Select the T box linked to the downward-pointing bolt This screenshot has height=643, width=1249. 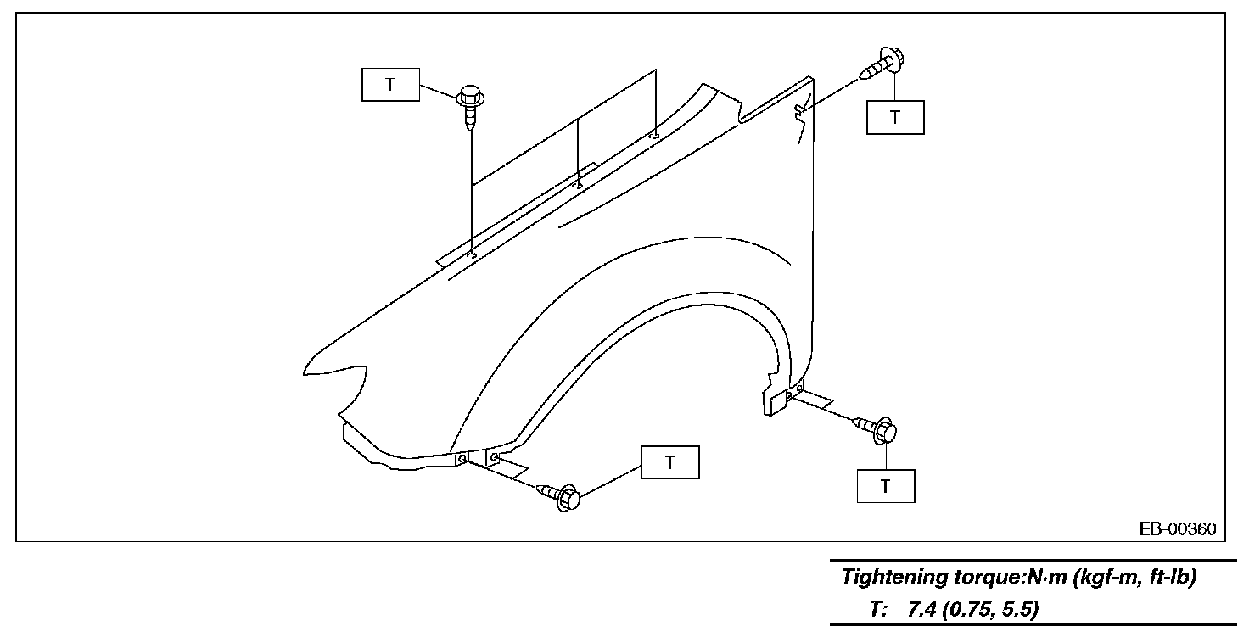tap(390, 85)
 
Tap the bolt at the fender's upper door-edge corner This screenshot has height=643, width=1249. tap(884, 64)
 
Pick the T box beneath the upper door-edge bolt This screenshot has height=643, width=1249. tap(894, 118)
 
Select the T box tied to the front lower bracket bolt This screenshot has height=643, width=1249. tap(670, 462)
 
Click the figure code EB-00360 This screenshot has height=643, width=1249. tap(1178, 529)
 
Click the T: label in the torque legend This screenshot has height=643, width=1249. tap(878, 610)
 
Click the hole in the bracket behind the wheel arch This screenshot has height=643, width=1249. tap(789, 394)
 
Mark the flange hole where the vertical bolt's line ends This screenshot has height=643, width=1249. tap(473, 254)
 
